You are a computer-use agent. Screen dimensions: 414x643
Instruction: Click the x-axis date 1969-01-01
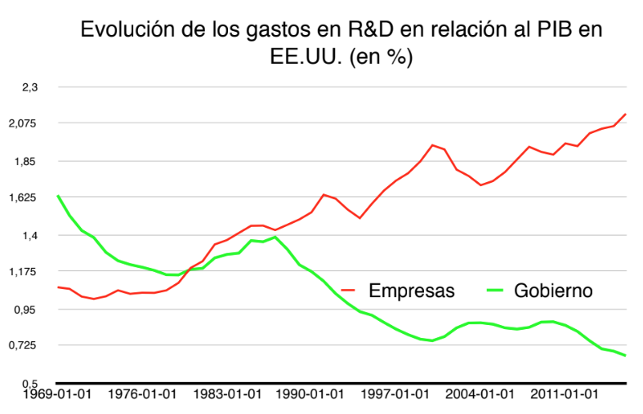57,394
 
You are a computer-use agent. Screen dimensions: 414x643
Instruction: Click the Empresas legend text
411,290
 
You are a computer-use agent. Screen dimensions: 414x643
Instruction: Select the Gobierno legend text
552,290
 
